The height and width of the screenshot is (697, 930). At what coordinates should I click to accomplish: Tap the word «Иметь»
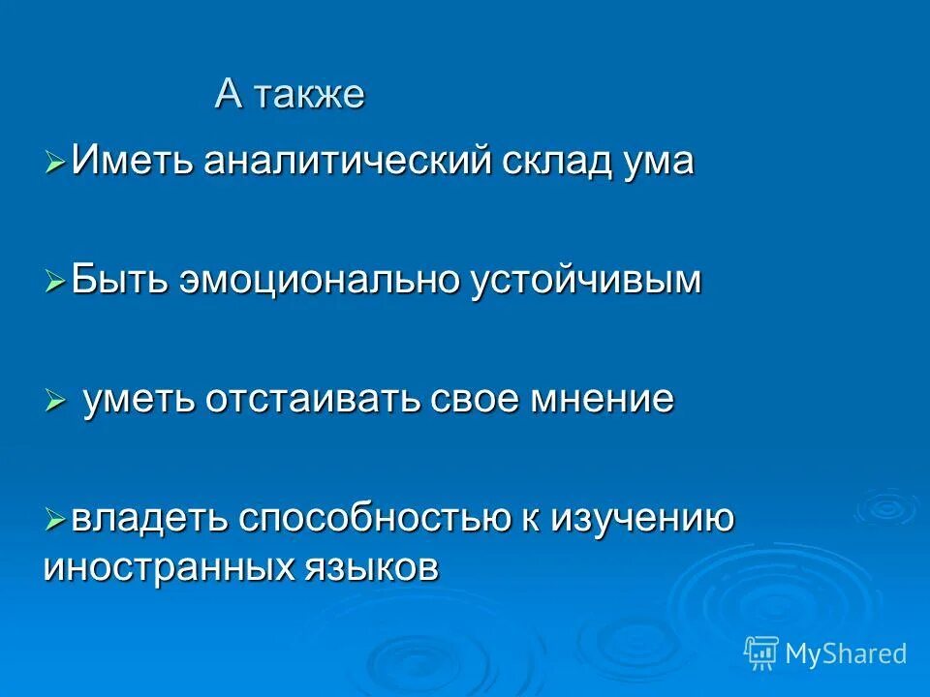pyautogui.click(x=133, y=161)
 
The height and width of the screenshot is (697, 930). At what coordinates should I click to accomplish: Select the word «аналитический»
pyautogui.click(x=344, y=161)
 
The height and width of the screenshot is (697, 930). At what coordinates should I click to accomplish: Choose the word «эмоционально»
pyautogui.click(x=320, y=280)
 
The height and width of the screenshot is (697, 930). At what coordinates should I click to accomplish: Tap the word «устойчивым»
pyautogui.click(x=586, y=280)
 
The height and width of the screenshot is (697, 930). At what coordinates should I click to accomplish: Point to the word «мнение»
pyautogui.click(x=600, y=398)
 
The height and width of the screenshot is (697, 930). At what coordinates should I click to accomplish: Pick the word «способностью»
pyautogui.click(x=377, y=519)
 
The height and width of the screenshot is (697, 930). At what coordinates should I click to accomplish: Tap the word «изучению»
pyautogui.click(x=643, y=519)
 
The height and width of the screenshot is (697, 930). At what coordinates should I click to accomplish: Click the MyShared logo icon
pyautogui.click(x=760, y=653)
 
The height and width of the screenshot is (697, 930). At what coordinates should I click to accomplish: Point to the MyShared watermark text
pyautogui.click(x=846, y=654)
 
